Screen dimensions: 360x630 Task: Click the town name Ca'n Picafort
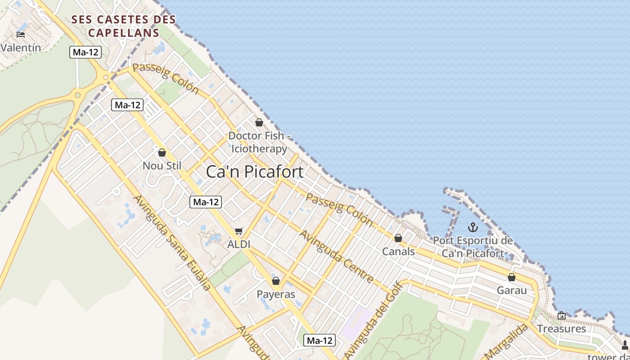pyautogui.click(x=255, y=172)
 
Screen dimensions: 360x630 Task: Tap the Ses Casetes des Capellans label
pyautogui.click(x=124, y=26)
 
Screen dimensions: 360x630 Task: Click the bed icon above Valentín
pyautogui.click(x=21, y=34)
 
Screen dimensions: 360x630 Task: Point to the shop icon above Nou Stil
pyautogui.click(x=162, y=153)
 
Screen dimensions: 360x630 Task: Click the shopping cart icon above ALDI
pyautogui.click(x=239, y=231)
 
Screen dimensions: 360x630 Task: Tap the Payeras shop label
pyautogui.click(x=276, y=294)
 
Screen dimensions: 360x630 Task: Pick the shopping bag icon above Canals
pyautogui.click(x=398, y=238)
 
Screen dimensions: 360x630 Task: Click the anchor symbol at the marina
pyautogui.click(x=472, y=227)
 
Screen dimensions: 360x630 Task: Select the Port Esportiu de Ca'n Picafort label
pyautogui.click(x=473, y=247)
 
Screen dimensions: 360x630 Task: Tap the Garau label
pyautogui.click(x=512, y=290)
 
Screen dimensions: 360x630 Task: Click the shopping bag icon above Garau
pyautogui.click(x=512, y=277)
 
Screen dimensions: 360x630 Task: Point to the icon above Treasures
pyautogui.click(x=561, y=315)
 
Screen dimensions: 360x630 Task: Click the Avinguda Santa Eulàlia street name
pyautogui.click(x=172, y=243)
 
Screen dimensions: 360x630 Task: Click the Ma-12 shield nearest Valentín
pyautogui.click(x=85, y=52)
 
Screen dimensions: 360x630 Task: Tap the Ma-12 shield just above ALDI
pyautogui.click(x=206, y=202)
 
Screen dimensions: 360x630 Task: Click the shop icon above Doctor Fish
pyautogui.click(x=259, y=122)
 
